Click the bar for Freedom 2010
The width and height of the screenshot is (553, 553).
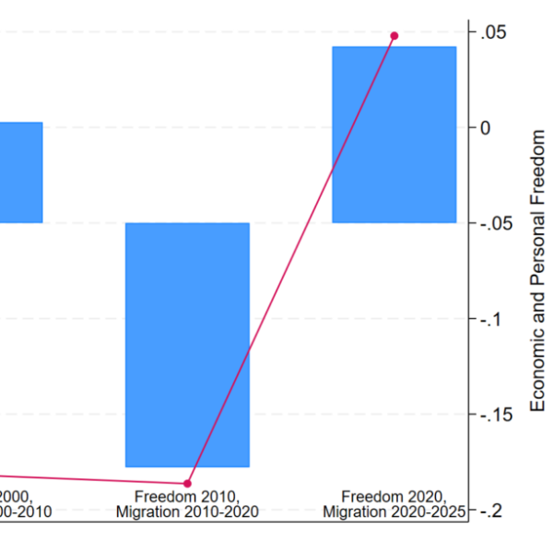[x=187, y=344]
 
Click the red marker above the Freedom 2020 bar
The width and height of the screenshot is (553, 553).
[x=394, y=36]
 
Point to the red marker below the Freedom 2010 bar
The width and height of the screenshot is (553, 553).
[x=187, y=483]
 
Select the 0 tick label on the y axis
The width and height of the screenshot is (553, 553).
[x=485, y=128]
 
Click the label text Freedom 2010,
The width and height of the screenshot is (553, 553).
[x=187, y=496]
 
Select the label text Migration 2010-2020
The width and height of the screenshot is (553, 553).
[x=187, y=512]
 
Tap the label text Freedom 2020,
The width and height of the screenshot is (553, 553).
[x=394, y=496]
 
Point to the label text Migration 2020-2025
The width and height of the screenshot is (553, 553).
[x=394, y=512]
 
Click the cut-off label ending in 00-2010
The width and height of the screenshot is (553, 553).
[x=26, y=512]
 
